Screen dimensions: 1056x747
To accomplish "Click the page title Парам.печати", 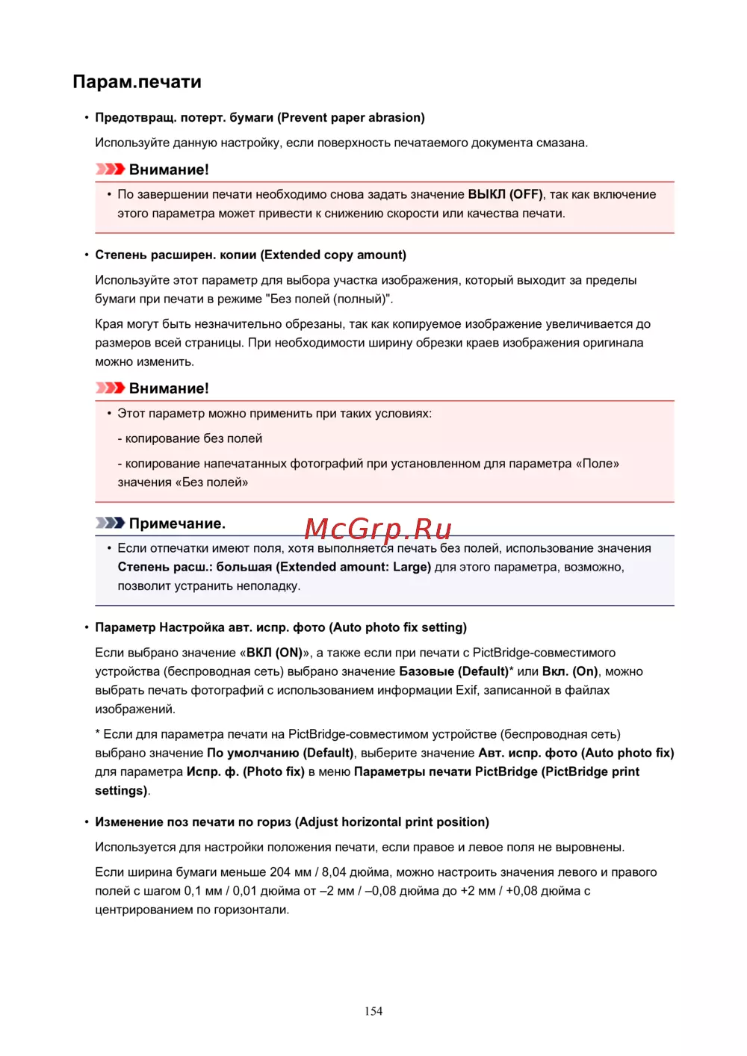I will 137,82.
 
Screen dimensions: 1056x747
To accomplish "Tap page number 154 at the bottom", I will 373,1011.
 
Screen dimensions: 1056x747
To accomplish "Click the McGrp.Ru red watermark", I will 378,529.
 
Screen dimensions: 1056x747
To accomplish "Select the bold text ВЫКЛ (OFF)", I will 505,194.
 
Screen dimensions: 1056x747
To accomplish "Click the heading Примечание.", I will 177,524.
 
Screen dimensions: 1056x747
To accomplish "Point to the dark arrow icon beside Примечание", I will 110,523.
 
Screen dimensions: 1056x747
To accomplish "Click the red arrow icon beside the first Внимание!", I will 110,170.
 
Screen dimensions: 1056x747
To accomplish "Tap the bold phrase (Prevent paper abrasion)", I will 351,117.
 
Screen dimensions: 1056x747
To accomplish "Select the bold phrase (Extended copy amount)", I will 333,255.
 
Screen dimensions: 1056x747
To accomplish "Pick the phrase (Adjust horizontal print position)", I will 392,821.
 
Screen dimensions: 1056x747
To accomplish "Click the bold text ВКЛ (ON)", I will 274,653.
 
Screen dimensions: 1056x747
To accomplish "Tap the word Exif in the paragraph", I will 467,690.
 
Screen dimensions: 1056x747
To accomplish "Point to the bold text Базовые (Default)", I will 454,671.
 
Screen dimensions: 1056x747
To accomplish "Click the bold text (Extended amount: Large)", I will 353,567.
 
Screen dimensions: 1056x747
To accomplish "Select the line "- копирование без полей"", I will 190,438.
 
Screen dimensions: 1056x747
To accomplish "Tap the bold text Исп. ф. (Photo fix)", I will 245,771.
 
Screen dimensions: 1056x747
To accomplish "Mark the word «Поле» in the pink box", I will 597,464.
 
